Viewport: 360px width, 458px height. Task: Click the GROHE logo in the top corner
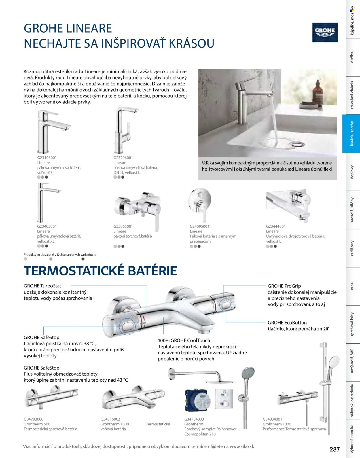tap(325, 32)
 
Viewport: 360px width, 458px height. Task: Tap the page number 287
tap(335, 449)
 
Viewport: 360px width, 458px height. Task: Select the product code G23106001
tap(47, 158)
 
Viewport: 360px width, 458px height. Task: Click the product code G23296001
tap(123, 158)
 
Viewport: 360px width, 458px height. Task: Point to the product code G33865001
tap(123, 226)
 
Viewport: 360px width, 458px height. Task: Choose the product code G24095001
tap(200, 226)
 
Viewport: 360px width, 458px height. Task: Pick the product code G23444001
tap(276, 226)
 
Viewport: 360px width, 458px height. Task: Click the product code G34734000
tap(194, 419)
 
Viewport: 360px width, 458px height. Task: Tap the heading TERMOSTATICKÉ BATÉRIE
tap(101, 271)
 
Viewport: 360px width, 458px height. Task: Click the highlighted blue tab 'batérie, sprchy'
tap(351, 133)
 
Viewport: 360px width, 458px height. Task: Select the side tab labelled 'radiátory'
tap(352, 248)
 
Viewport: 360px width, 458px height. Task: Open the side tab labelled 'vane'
tap(352, 286)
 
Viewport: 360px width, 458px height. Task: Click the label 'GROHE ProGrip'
tap(284, 286)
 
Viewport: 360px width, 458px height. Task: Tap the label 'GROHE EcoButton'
tap(287, 323)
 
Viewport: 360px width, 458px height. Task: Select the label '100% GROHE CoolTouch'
tap(184, 340)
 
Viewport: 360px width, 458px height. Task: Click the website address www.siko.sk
tap(242, 446)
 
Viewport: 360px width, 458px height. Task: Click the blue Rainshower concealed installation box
tap(196, 400)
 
